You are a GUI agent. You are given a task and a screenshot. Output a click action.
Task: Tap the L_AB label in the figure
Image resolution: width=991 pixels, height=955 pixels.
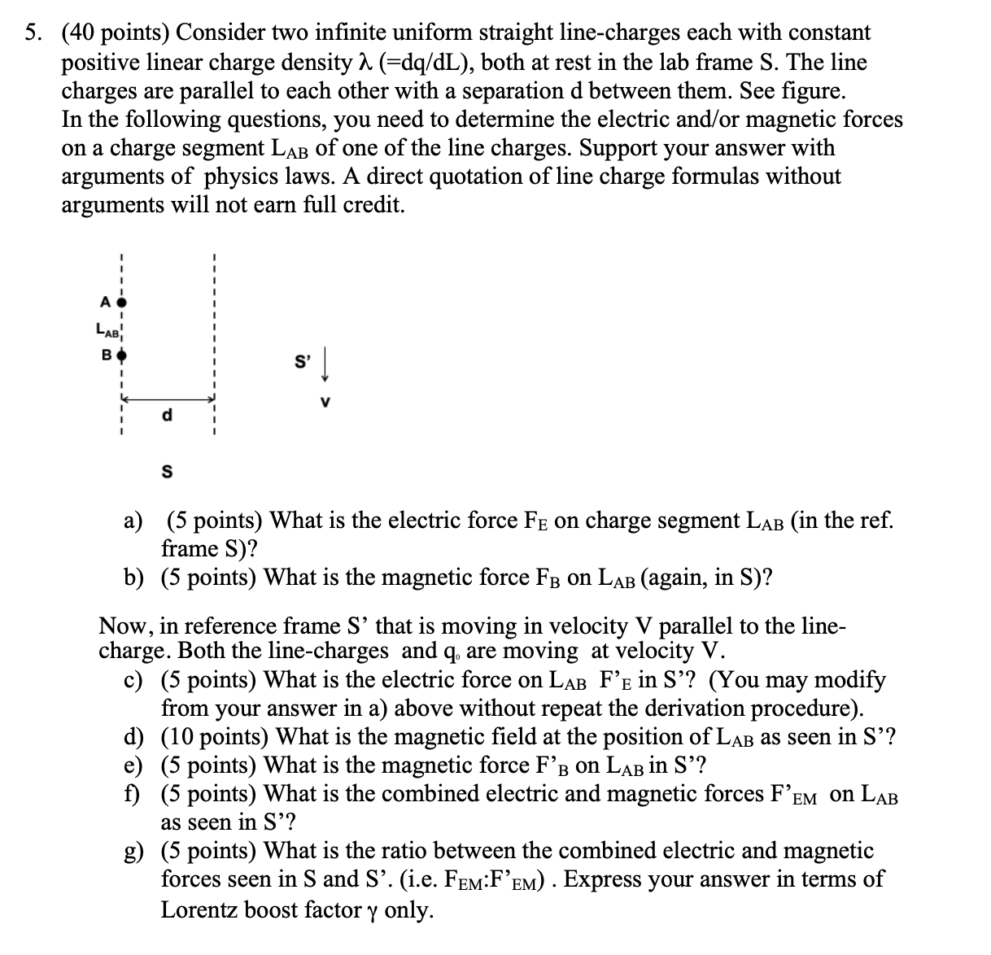(x=107, y=329)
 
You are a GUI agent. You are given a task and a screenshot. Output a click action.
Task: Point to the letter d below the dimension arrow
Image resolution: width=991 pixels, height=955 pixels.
(x=168, y=416)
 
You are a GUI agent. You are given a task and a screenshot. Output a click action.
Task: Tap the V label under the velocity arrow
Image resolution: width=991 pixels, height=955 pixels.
(x=325, y=401)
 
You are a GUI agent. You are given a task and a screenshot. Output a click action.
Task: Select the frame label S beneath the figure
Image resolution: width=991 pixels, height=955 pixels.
(x=168, y=471)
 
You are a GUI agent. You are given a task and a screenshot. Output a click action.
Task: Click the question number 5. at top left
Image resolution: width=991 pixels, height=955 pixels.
(x=34, y=33)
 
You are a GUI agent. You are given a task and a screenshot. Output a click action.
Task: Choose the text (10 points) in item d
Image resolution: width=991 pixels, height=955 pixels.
(x=210, y=737)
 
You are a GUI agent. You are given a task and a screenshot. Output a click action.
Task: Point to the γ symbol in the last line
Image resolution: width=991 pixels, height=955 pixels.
(x=372, y=910)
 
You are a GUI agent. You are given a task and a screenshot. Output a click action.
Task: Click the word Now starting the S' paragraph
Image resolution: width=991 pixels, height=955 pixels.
(x=120, y=626)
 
